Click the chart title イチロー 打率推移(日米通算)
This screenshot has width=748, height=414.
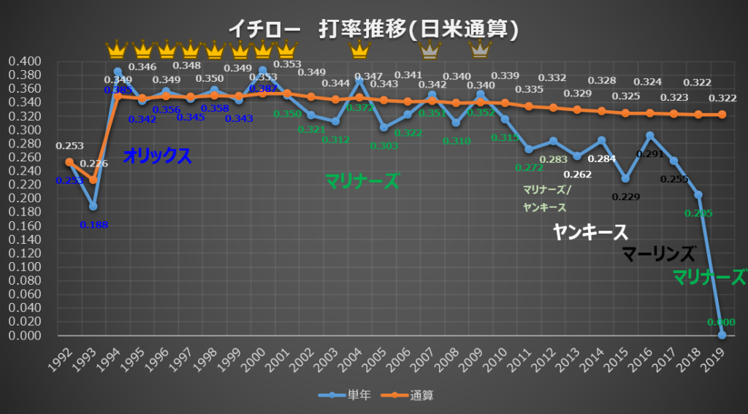pyautogui.click(x=373, y=29)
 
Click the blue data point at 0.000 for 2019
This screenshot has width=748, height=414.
pyautogui.click(x=722, y=335)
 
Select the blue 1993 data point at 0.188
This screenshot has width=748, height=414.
pyautogui.click(x=93, y=207)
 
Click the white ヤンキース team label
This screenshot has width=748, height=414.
pyautogui.click(x=590, y=232)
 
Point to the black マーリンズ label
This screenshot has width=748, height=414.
pyautogui.click(x=658, y=254)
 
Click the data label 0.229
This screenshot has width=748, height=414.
pyautogui.click(x=625, y=196)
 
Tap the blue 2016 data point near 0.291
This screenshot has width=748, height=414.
pyautogui.click(x=650, y=136)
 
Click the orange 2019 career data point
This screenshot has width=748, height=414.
pyautogui.click(x=722, y=115)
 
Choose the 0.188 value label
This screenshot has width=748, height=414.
pyautogui.click(x=93, y=224)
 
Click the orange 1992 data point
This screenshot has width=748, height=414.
pyautogui.click(x=69, y=162)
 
